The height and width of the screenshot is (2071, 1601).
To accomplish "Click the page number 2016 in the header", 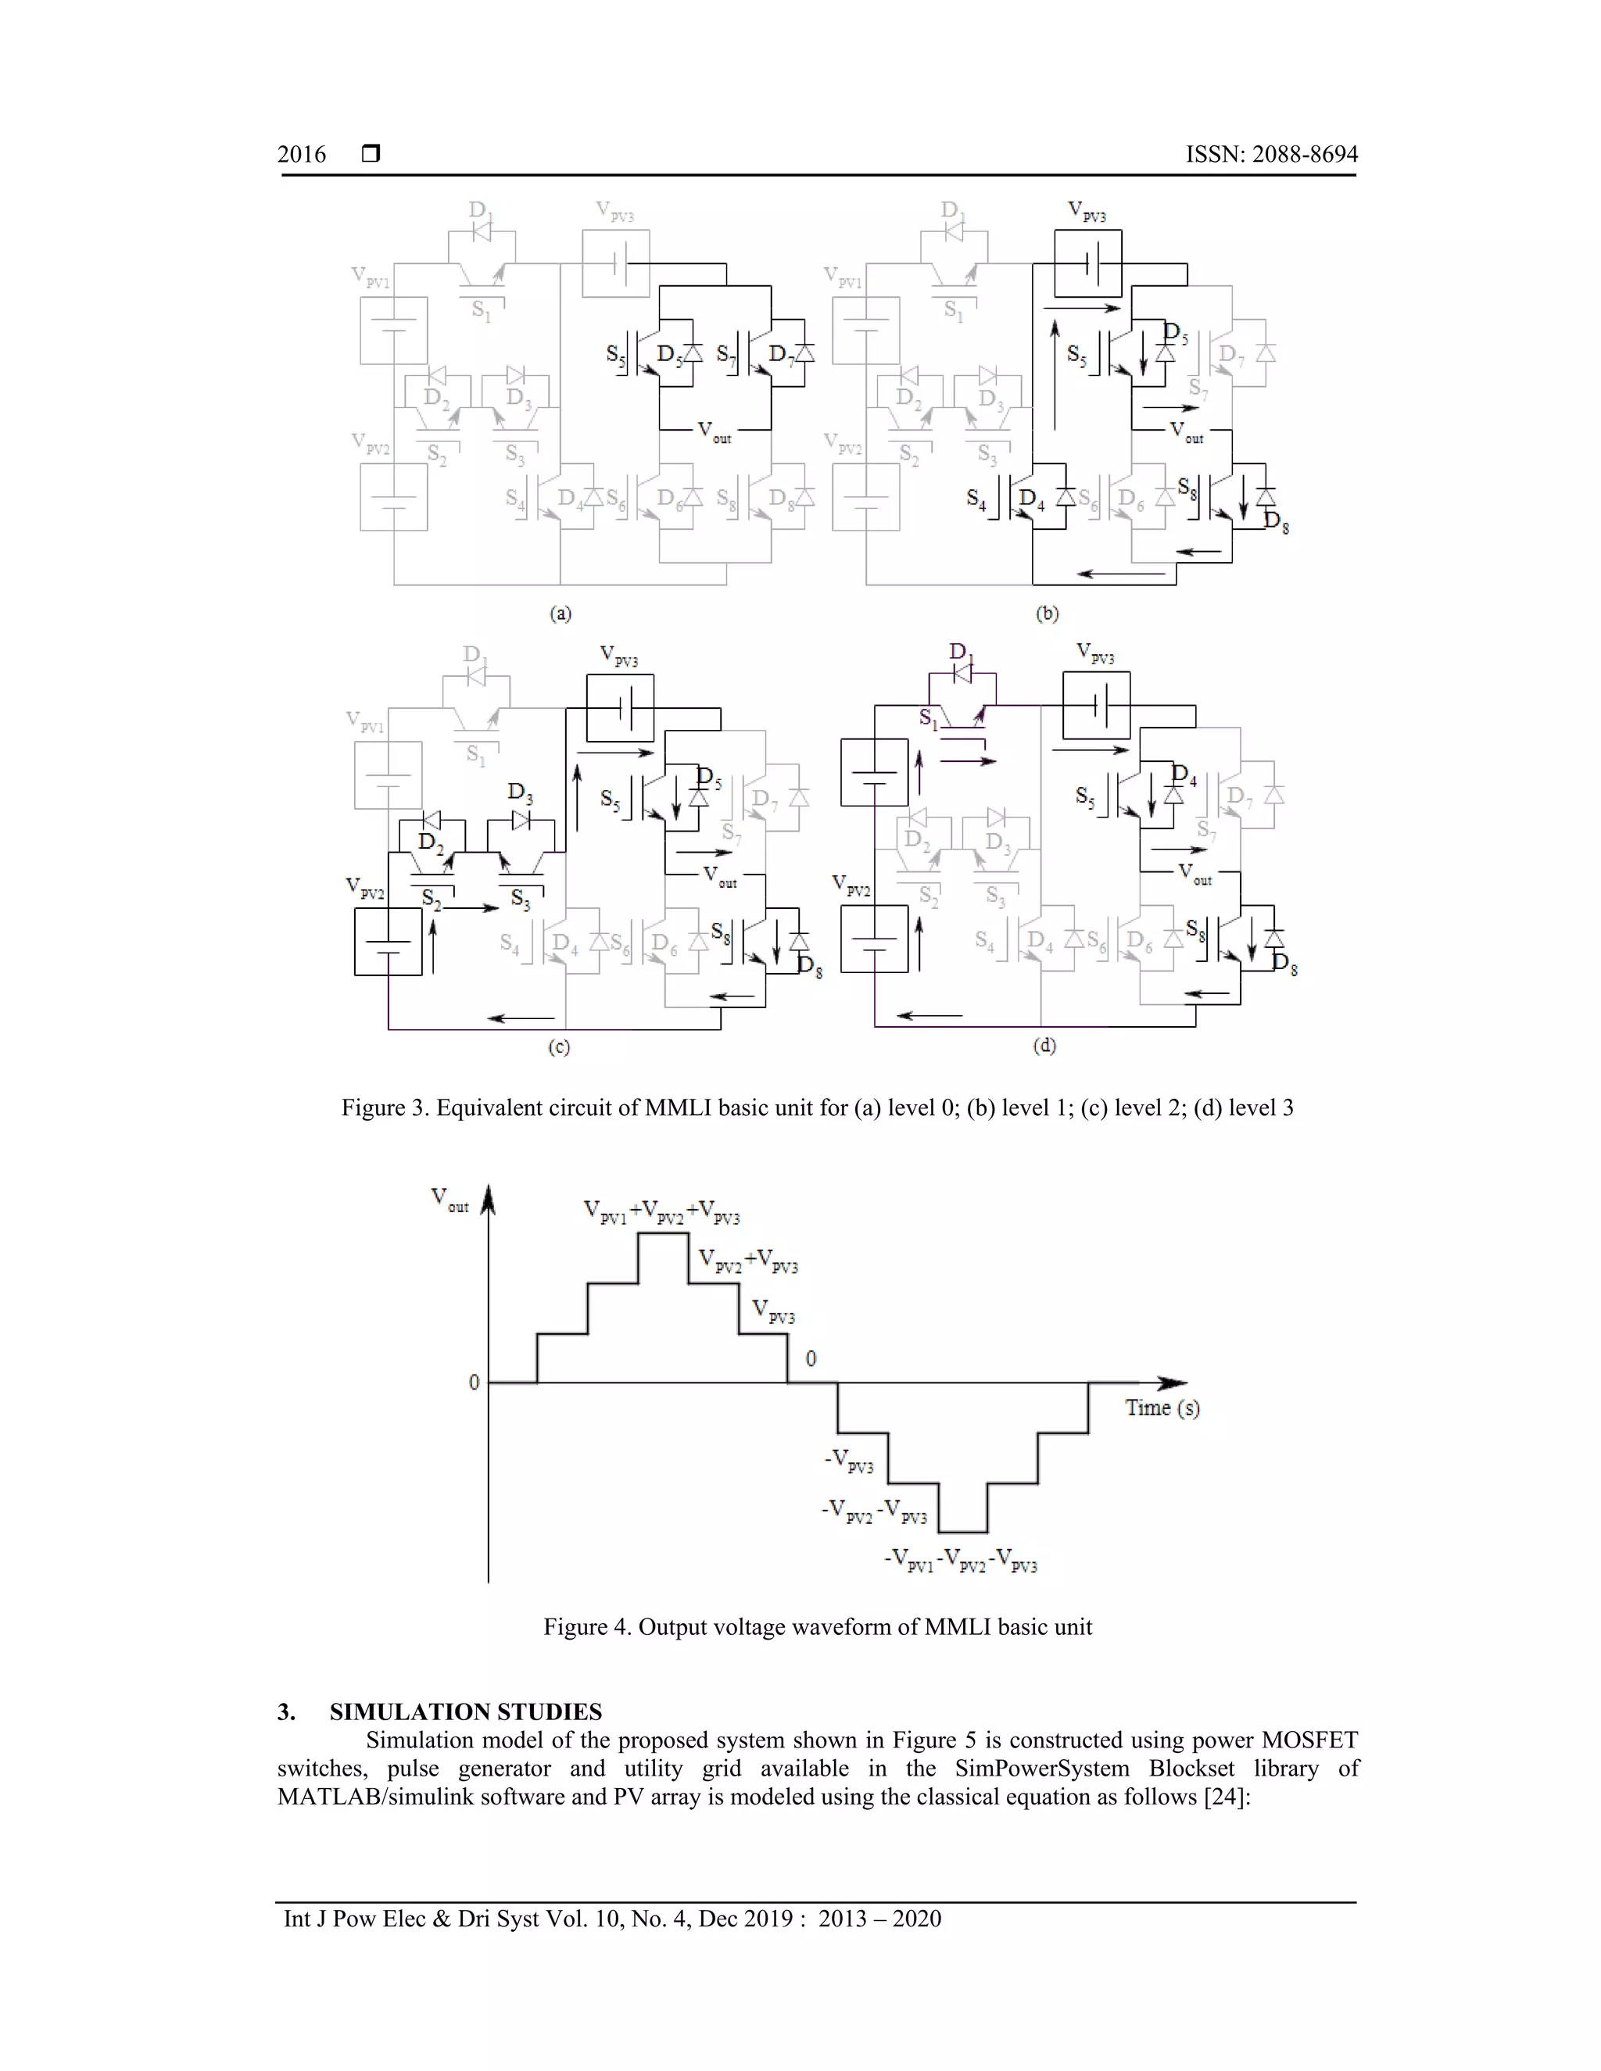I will click(x=302, y=155).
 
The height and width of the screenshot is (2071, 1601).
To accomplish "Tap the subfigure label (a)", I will click(x=561, y=613).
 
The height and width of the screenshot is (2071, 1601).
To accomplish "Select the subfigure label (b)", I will click(x=1046, y=613).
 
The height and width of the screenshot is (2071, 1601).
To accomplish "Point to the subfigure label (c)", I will click(x=559, y=1047).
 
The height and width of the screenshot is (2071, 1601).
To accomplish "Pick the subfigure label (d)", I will click(x=1044, y=1046).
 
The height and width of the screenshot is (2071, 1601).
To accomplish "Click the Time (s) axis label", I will click(x=1162, y=1408).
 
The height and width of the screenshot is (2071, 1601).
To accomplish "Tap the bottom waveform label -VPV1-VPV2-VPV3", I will click(x=961, y=1561).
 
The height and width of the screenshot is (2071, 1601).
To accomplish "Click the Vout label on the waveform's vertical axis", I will click(x=449, y=1200).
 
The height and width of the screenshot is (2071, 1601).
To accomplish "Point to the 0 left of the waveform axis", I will click(x=475, y=1382).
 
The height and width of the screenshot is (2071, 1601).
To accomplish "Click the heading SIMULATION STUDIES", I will click(x=465, y=1712).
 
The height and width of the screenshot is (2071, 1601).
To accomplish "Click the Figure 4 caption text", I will click(x=818, y=1627).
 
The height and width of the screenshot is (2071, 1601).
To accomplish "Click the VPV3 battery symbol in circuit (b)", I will click(x=1089, y=263).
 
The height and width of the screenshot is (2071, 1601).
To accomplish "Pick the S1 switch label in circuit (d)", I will click(x=929, y=720).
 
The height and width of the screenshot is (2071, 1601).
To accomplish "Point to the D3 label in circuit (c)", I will click(x=520, y=792).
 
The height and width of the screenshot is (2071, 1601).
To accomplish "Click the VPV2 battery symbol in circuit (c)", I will click(x=388, y=942).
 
